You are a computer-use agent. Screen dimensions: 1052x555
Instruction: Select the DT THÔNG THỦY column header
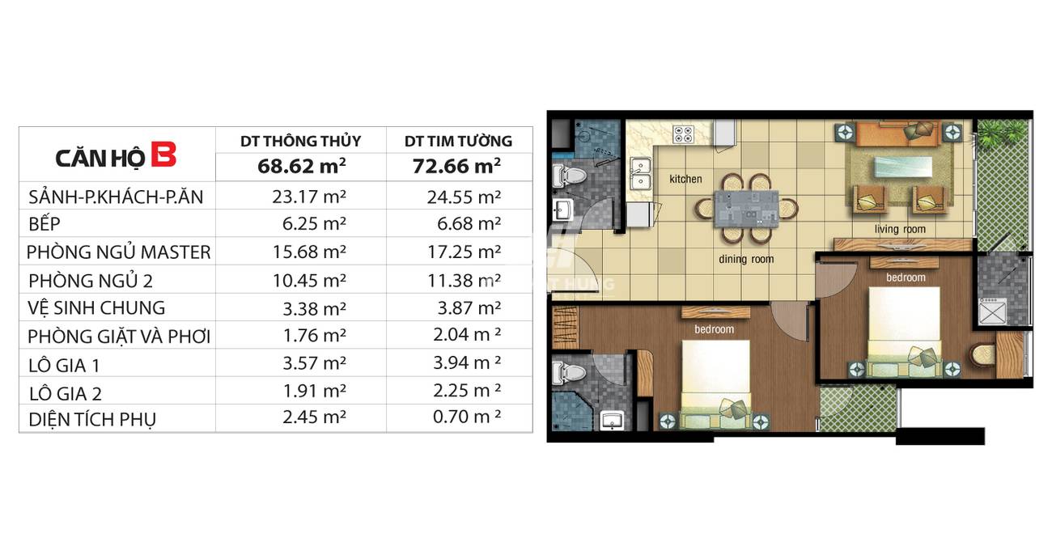click(x=300, y=141)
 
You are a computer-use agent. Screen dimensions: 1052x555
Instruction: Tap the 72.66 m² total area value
click(x=456, y=166)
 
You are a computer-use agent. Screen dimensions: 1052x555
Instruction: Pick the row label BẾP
click(x=45, y=223)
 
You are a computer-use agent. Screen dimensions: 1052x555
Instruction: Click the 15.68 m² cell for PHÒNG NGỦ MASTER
click(x=309, y=252)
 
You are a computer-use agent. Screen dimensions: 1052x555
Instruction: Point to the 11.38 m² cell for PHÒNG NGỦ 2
click(x=464, y=280)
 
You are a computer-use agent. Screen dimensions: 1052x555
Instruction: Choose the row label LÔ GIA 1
click(x=65, y=366)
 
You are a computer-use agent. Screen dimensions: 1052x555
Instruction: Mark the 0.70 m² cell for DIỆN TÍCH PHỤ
click(x=467, y=417)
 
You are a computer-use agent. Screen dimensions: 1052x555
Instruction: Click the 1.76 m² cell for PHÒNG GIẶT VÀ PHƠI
click(x=314, y=335)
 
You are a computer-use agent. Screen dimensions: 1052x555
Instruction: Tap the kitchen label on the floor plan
click(x=685, y=179)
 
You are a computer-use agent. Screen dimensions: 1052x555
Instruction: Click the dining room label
click(x=746, y=259)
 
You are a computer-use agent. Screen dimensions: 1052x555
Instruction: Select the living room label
click(x=900, y=229)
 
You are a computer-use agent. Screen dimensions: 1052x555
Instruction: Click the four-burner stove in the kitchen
click(x=683, y=134)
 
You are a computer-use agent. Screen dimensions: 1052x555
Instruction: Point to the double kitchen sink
click(x=640, y=173)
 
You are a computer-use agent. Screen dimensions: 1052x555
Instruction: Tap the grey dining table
click(x=746, y=209)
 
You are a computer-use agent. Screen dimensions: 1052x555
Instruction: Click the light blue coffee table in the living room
click(x=902, y=167)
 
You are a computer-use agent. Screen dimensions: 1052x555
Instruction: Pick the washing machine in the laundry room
click(x=992, y=311)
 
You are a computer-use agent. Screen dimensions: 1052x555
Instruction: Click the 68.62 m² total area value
click(x=302, y=166)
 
